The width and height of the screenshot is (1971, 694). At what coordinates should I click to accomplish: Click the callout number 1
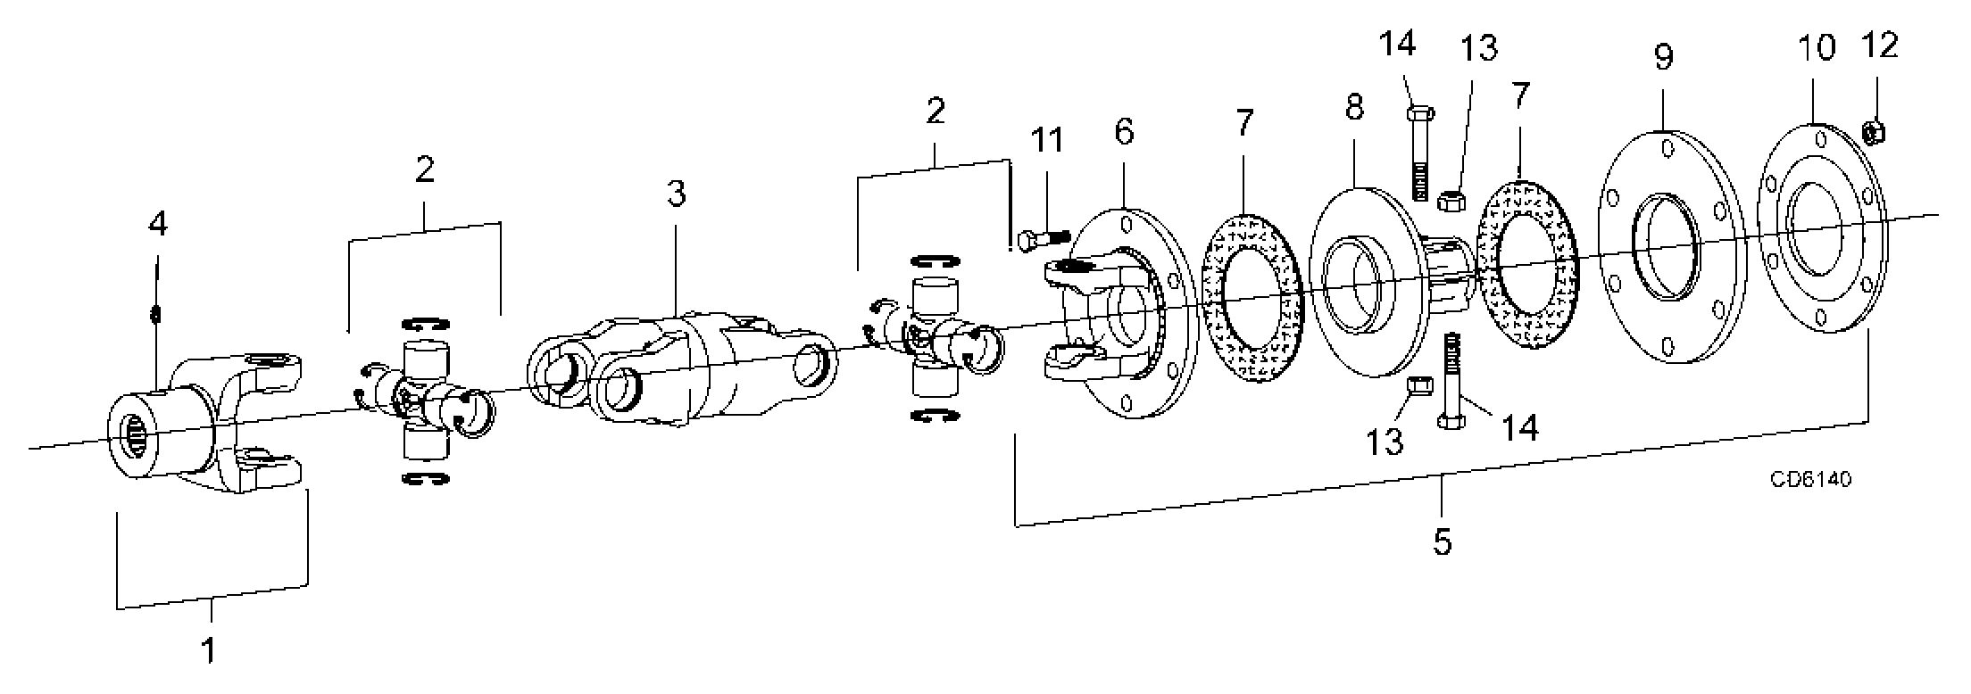click(x=207, y=650)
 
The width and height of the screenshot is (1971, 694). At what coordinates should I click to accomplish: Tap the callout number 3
click(x=677, y=194)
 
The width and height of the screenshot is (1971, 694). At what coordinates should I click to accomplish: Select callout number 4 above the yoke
click(x=157, y=224)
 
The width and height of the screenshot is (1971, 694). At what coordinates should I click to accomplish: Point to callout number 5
click(x=1443, y=541)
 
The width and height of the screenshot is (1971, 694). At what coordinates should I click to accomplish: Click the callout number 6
click(x=1124, y=132)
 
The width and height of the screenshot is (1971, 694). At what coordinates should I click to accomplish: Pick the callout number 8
click(x=1354, y=108)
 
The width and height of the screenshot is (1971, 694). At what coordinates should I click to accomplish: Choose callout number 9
click(x=1663, y=58)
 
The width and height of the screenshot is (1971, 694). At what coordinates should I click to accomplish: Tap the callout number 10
click(x=1816, y=47)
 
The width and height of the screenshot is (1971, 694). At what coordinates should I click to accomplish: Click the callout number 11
click(x=1047, y=140)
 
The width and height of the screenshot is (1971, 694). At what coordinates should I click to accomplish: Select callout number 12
click(x=1881, y=45)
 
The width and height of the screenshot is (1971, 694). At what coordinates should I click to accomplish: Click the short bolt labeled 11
click(x=1043, y=239)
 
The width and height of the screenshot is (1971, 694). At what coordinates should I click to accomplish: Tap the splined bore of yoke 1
click(x=135, y=434)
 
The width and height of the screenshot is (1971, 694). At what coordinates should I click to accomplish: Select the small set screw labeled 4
click(x=156, y=313)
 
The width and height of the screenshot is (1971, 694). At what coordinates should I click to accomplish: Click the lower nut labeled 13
click(x=1417, y=384)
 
